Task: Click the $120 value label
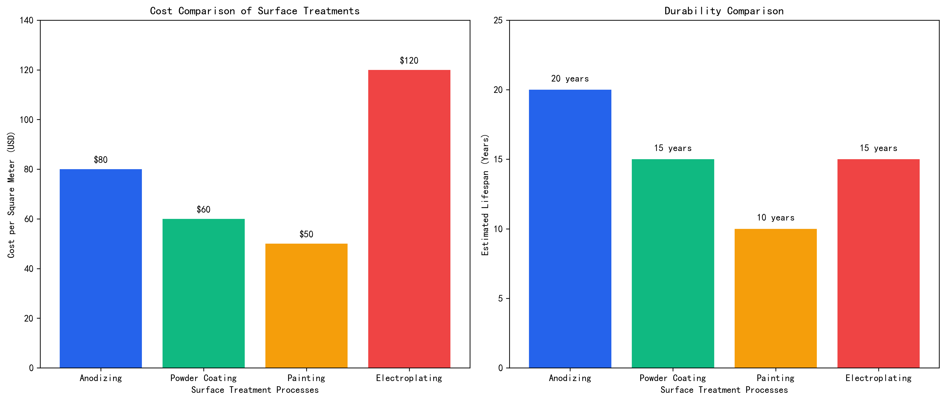point(409,61)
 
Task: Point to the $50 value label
point(306,234)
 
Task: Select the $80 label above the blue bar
point(101,160)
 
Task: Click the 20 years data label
point(570,79)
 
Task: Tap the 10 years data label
point(776,218)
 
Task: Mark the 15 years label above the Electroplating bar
point(878,148)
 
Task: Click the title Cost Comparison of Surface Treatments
point(255,11)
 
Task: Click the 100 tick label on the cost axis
point(26,120)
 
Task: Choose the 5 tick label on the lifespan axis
point(500,299)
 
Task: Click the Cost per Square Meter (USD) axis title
point(11,195)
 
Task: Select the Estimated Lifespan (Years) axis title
point(485,195)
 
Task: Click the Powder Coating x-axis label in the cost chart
point(203,378)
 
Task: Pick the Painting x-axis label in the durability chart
point(776,378)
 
